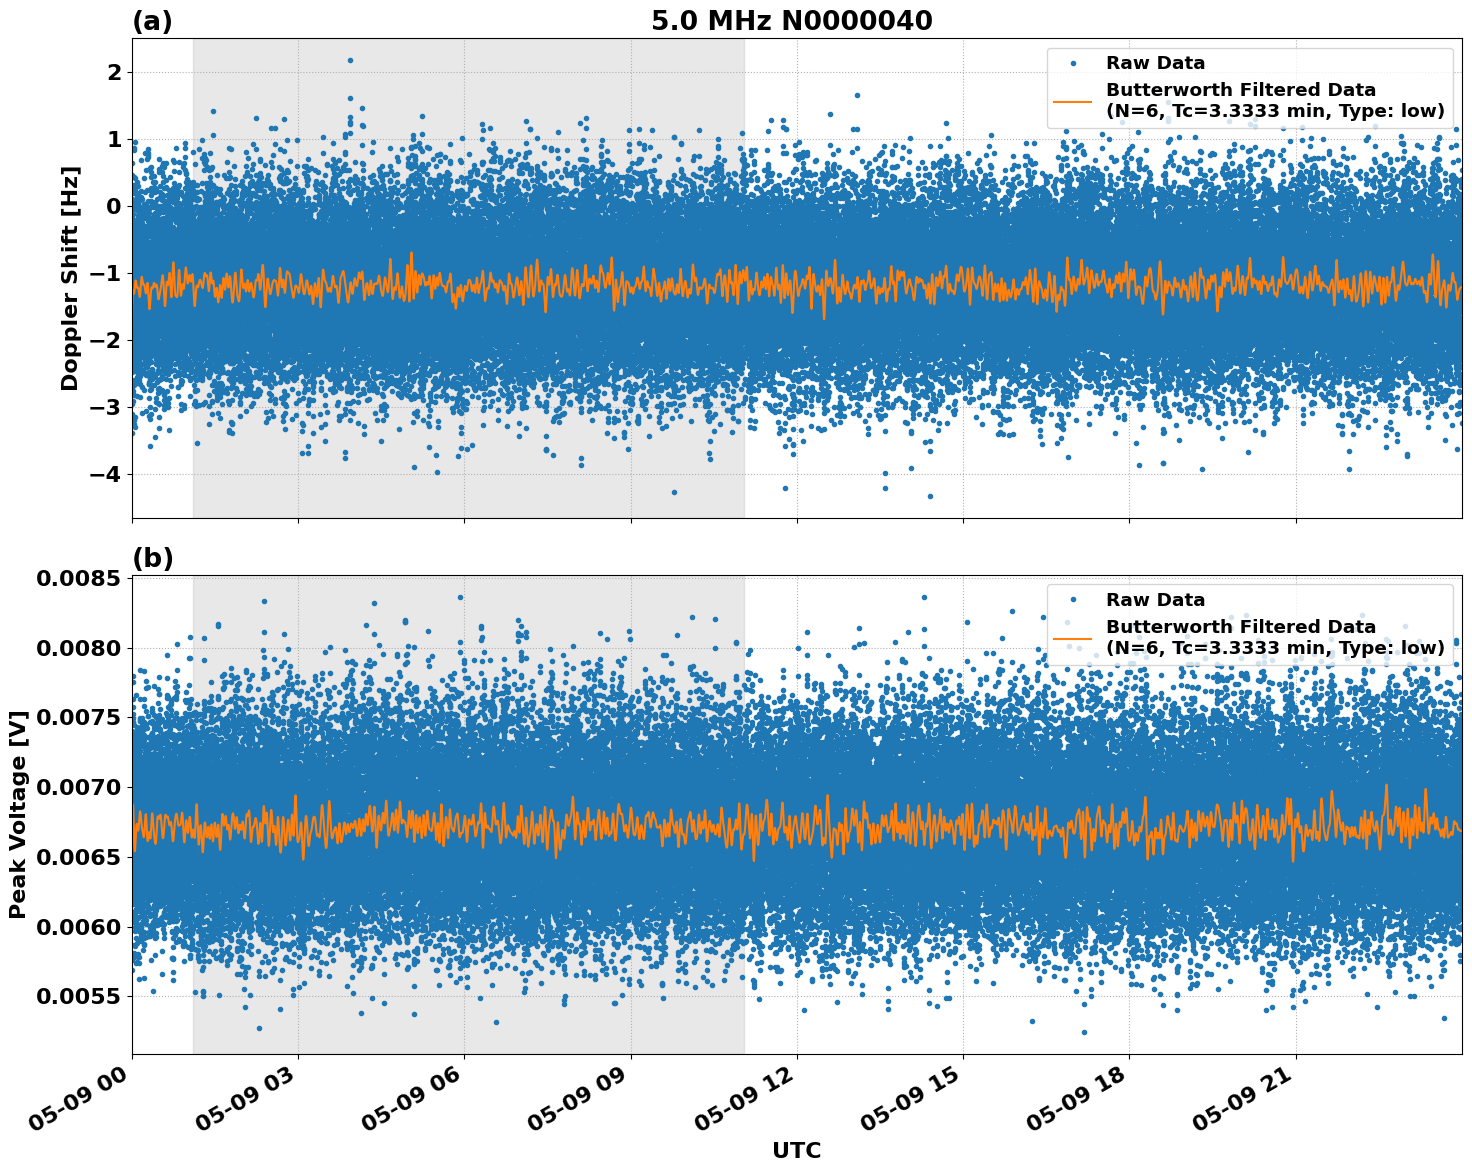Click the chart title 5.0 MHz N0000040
[791, 21]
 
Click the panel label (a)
[152, 21]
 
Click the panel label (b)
[152, 558]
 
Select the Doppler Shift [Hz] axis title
[70, 278]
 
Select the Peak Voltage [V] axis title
[17, 814]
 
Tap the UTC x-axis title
[796, 1150]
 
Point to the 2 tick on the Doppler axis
[115, 72]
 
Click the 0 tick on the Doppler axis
[115, 206]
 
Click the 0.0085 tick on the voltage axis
[78, 579]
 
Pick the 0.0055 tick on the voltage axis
[78, 997]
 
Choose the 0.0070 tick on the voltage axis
[78, 788]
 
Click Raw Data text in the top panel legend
[1155, 63]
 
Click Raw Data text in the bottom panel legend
[1155, 600]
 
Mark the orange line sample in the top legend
[1072, 100]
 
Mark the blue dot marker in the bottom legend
[1073, 600]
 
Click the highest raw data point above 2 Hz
[350, 60]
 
